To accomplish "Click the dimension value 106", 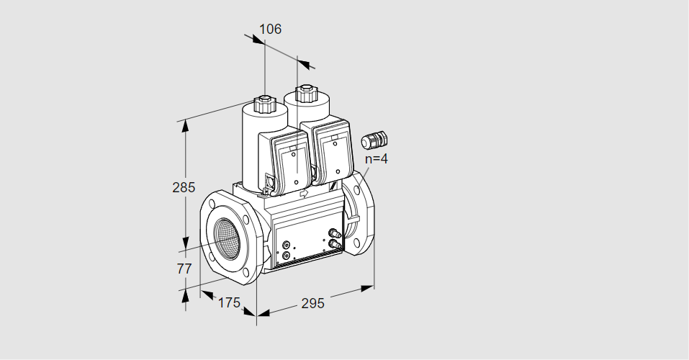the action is pos(270,29).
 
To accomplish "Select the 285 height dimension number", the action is pos(184,187).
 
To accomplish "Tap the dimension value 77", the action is pos(184,268).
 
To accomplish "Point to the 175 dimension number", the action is pos(229,303).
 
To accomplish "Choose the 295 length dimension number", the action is pos(312,303).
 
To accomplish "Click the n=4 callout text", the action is pos(376,158).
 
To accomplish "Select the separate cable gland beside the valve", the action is pos(374,140).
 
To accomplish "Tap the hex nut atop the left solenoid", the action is pos(264,104).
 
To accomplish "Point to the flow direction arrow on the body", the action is pos(304,193).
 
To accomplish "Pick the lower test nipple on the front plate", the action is pos(335,243).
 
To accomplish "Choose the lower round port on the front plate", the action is pos(287,256).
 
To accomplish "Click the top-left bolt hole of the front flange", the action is pos(212,204).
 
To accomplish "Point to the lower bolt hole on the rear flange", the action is pos(357,241).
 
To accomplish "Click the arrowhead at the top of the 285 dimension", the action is pos(186,126).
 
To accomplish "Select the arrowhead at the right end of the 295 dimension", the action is pos(367,288).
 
